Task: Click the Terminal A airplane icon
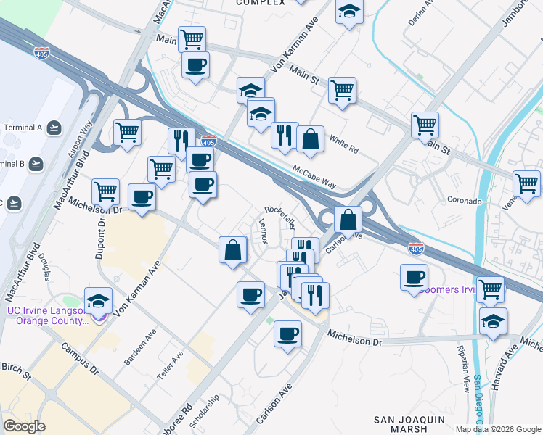pyautogui.click(x=53, y=128)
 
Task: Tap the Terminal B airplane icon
pyautogui.click(x=36, y=164)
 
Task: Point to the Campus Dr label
pyautogui.click(x=80, y=358)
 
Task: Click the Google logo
pyautogui.click(x=24, y=426)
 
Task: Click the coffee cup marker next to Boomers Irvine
pyautogui.click(x=414, y=278)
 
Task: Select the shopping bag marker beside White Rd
pyautogui.click(x=310, y=140)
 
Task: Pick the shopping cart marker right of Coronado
pyautogui.click(x=526, y=184)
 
